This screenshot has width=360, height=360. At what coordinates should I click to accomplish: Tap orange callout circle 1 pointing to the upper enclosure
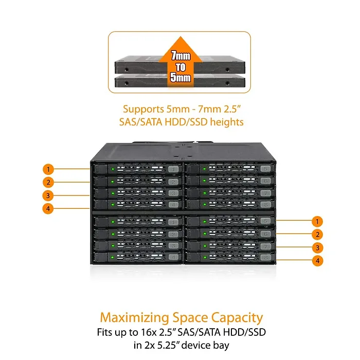tap(48, 169)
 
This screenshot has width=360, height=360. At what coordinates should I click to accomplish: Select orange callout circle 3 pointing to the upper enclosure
tap(48, 195)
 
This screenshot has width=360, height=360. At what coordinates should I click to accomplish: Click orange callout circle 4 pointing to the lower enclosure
tap(318, 261)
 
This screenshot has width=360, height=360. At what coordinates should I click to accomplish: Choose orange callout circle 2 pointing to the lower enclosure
tap(318, 235)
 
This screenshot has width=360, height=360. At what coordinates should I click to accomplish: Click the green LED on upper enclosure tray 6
tap(197, 181)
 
